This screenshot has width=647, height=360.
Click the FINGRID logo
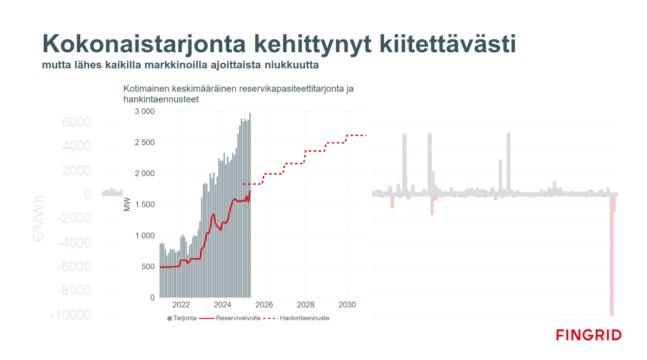pyautogui.click(x=589, y=335)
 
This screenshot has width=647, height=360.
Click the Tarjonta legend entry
pyautogui.click(x=181, y=318)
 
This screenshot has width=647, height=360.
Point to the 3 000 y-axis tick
pyautogui.click(x=145, y=112)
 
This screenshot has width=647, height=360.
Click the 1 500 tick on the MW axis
pyautogui.click(x=145, y=205)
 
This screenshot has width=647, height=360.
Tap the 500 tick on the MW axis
pyautogui.click(x=149, y=267)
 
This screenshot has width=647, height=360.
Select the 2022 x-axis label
pyautogui.click(x=181, y=304)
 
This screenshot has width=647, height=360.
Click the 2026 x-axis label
pyautogui.click(x=264, y=304)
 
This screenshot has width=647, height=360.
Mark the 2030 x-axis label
pyautogui.click(x=347, y=304)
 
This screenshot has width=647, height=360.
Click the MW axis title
pyautogui.click(x=127, y=205)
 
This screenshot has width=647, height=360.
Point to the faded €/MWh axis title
pyautogui.click(x=38, y=218)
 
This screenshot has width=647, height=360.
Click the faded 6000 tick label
pyautogui.click(x=76, y=123)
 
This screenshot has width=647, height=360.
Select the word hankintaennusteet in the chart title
pyautogui.click(x=161, y=99)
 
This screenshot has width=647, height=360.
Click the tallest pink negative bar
pyautogui.click(x=612, y=256)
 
